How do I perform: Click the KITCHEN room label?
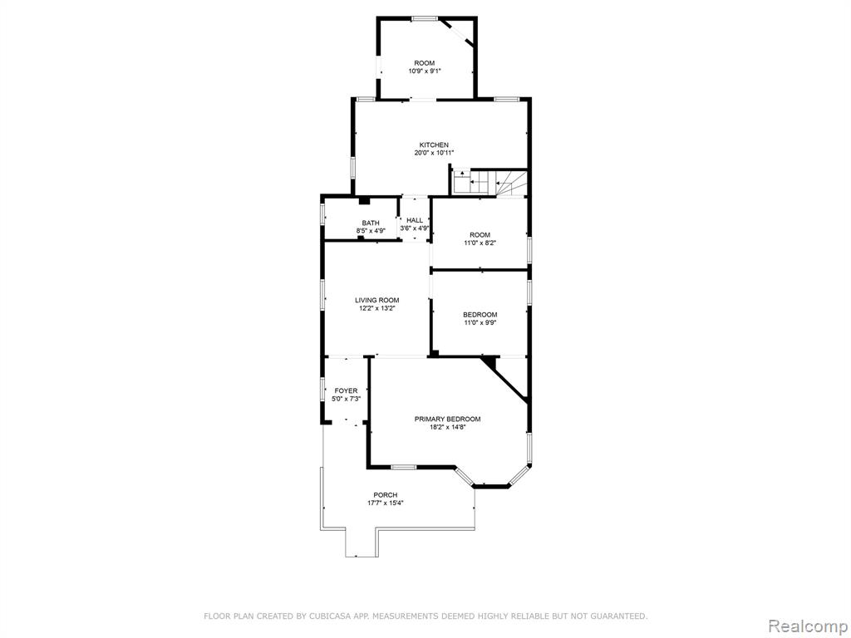pos(434,145)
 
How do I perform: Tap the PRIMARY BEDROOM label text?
pos(447,419)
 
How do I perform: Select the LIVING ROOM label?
pos(376,300)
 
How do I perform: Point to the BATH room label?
pos(371,223)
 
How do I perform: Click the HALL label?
pos(415,220)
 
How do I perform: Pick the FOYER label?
pos(346,390)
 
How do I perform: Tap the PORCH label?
pos(386,495)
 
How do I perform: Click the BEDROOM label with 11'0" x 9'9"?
pos(480,315)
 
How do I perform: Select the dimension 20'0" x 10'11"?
pos(434,153)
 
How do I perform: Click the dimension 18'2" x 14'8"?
pos(448,427)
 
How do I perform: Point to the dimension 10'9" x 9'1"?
pos(425,71)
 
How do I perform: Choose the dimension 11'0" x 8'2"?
pos(480,243)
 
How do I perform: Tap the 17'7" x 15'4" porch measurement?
pos(386,503)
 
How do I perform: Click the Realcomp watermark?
pos(808,626)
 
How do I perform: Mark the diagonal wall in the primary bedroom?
pos(504,379)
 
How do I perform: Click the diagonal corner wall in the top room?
pos(457,32)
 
